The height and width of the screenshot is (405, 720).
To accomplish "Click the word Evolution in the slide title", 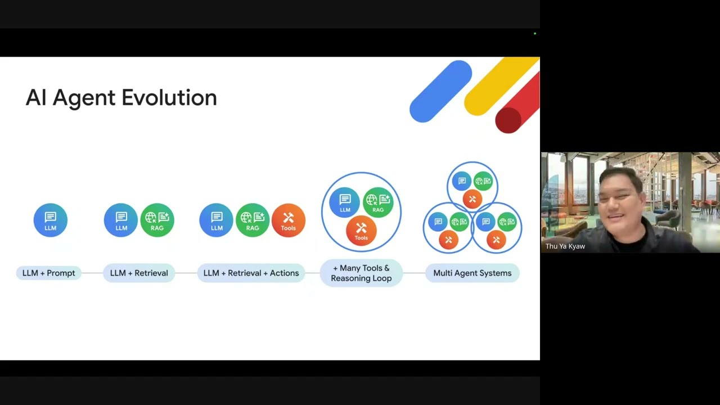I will tap(169, 98).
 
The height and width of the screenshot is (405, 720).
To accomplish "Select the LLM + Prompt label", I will tap(49, 273).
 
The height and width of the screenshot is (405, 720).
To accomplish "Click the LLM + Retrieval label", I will tap(139, 273).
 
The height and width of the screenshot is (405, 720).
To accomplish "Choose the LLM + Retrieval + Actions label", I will tap(251, 273).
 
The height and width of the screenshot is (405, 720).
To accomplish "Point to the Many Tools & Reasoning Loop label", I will tap(361, 273).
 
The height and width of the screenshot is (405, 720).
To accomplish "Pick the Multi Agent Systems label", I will tap(472, 273).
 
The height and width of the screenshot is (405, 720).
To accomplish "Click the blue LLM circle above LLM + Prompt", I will tap(51, 220).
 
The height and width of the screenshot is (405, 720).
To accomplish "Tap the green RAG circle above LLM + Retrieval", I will tap(157, 220).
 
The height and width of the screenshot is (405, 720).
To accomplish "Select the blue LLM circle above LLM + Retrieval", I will tap(121, 220).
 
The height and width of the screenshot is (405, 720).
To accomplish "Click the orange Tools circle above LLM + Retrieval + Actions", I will tap(288, 220).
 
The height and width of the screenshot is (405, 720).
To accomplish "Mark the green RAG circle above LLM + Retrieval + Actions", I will tap(253, 220).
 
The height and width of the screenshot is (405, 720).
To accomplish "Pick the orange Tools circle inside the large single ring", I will tap(361, 231).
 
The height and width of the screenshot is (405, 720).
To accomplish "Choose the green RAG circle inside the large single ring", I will tap(378, 202).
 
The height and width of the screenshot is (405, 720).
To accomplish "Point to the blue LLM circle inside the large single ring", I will tap(345, 202).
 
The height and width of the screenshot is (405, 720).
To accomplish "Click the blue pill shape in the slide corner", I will tap(441, 91).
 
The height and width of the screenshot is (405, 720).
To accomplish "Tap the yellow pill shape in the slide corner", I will tap(498, 87).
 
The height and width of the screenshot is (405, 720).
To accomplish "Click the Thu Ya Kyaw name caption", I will tap(565, 246).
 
